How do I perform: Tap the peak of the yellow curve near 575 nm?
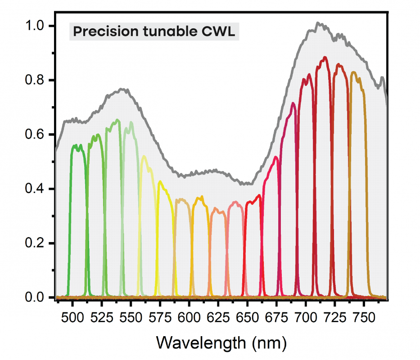(160, 181)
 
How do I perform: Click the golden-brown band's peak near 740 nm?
(353, 72)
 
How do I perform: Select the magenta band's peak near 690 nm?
(293, 103)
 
